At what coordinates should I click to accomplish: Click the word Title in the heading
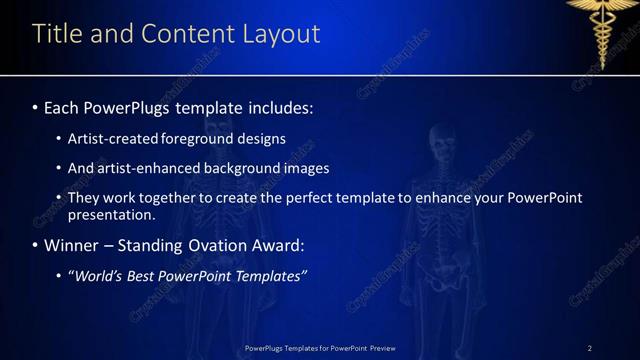click(x=55, y=33)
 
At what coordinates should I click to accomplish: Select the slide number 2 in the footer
click(x=590, y=348)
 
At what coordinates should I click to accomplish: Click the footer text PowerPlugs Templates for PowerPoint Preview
click(x=320, y=348)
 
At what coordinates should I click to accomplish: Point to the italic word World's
click(x=94, y=275)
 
